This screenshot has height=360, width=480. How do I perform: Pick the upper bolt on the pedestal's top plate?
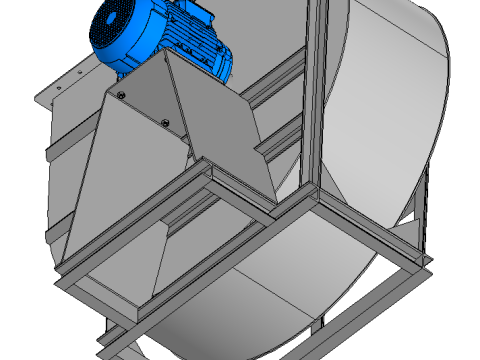coord(121,95)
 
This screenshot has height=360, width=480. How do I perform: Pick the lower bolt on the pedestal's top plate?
coord(165,123)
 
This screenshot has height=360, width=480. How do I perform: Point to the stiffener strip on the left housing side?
coord(48,150)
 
